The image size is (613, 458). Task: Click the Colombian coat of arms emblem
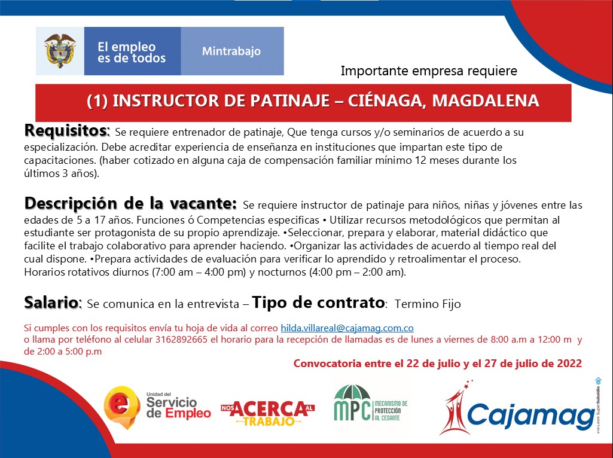tap(60, 51)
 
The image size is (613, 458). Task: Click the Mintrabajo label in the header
tap(231, 51)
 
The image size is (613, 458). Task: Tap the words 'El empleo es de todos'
tap(132, 53)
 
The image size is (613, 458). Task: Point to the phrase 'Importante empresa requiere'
tap(429, 71)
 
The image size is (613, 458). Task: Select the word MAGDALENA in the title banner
tap(486, 101)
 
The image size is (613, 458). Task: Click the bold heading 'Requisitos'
tap(66, 131)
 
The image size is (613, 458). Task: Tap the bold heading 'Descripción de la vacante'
tap(130, 204)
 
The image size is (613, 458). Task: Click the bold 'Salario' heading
tap(52, 303)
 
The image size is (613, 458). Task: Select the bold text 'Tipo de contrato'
tap(318, 303)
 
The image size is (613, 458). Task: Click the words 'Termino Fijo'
tap(428, 304)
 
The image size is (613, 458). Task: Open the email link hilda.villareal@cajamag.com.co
tap(347, 328)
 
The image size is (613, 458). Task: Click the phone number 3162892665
tap(181, 340)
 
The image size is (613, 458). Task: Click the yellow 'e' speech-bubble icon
tap(122, 407)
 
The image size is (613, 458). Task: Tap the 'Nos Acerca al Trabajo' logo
tap(267, 413)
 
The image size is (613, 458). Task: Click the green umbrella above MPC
tap(352, 392)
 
